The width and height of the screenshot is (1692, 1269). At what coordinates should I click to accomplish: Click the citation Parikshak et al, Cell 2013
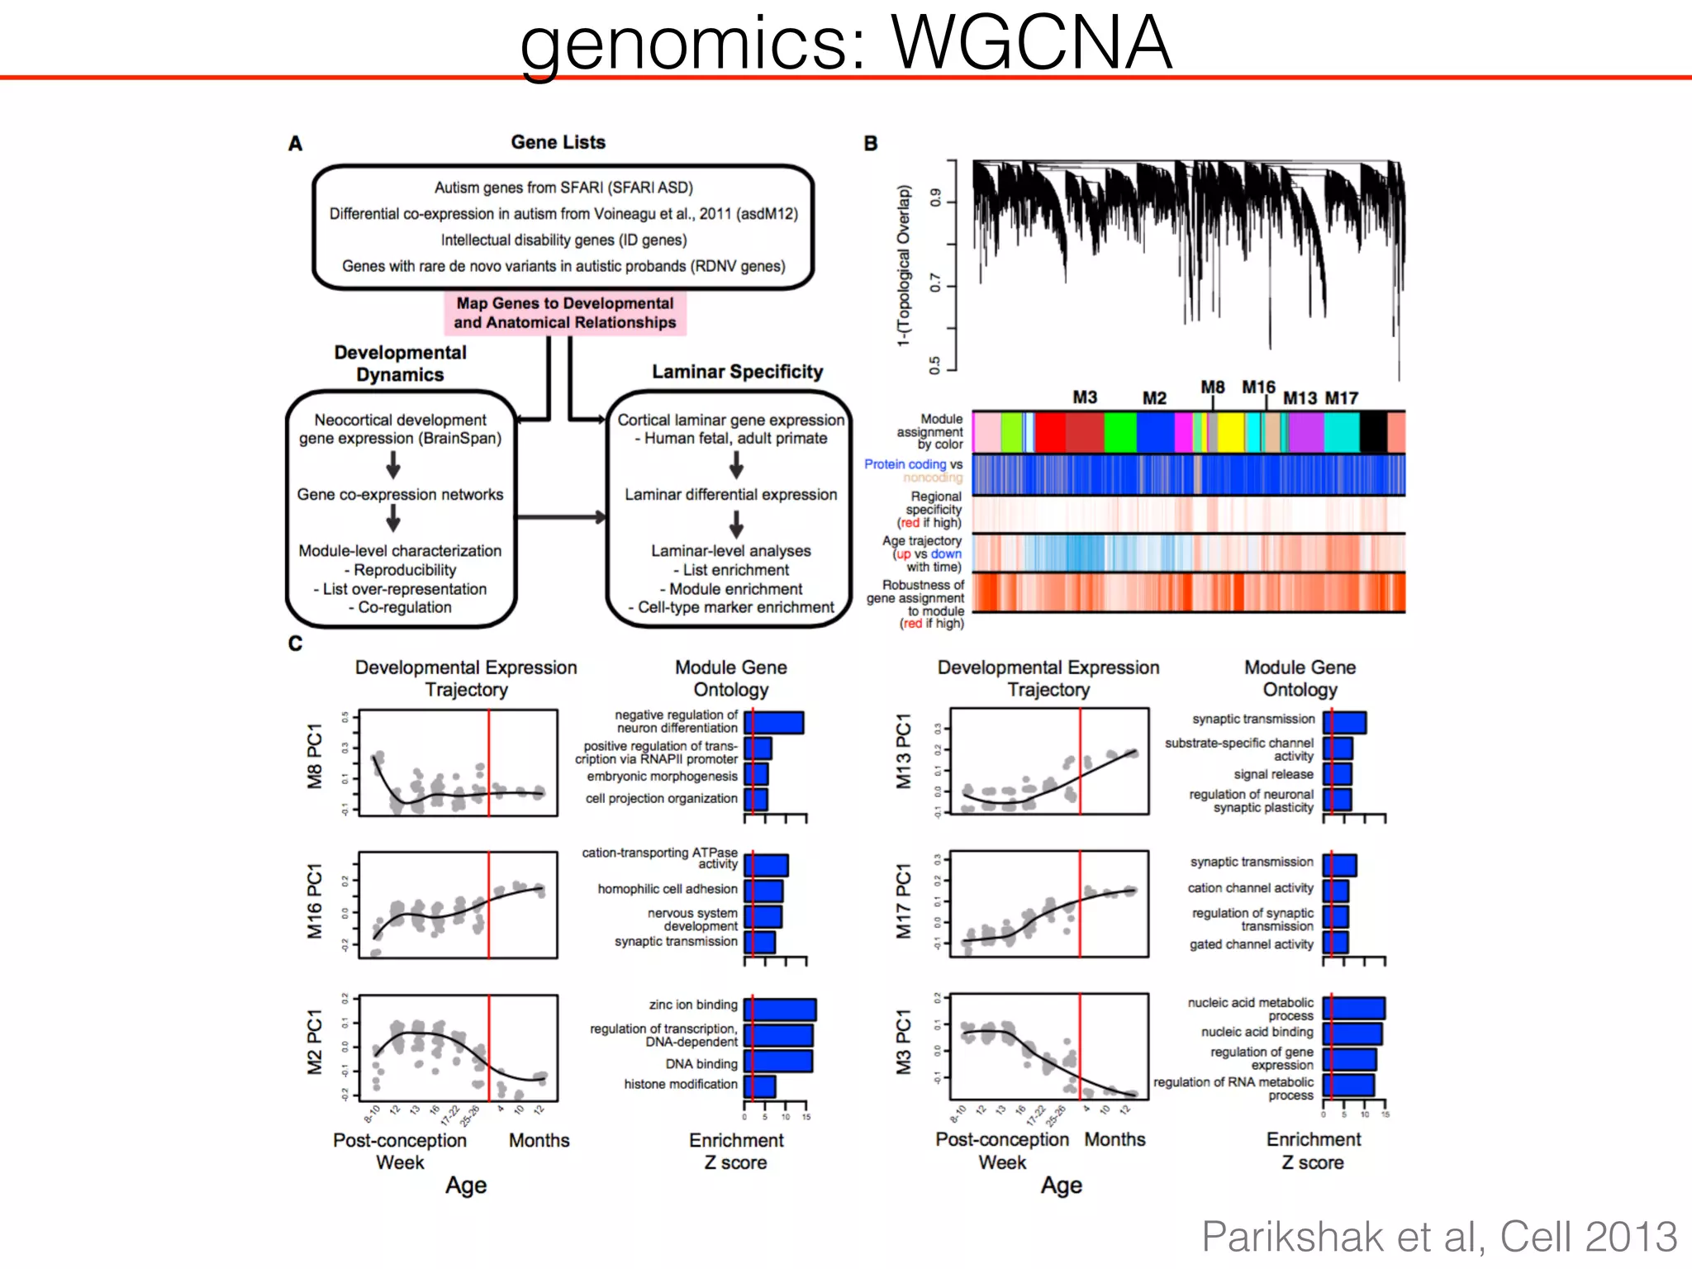click(x=1438, y=1237)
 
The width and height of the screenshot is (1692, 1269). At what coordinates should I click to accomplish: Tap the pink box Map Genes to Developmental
click(x=565, y=313)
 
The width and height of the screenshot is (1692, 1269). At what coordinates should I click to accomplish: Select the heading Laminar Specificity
click(x=737, y=372)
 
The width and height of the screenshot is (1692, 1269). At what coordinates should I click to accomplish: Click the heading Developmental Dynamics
click(x=400, y=364)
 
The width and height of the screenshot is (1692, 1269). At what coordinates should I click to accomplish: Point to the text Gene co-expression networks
click(x=400, y=494)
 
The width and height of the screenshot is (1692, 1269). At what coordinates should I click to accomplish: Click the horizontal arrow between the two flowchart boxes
click(x=561, y=517)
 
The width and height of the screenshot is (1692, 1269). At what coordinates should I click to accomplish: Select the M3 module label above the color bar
click(x=1084, y=397)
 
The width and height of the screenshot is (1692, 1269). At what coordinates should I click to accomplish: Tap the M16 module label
click(x=1257, y=387)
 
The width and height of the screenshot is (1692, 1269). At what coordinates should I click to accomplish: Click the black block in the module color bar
click(x=1372, y=432)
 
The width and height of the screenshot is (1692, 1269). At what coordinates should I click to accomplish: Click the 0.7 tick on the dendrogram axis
click(x=935, y=283)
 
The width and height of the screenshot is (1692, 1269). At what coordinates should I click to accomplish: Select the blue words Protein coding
click(x=905, y=464)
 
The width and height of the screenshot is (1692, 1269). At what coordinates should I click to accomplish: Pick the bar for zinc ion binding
click(x=781, y=1010)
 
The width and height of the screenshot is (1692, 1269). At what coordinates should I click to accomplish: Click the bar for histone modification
click(x=760, y=1086)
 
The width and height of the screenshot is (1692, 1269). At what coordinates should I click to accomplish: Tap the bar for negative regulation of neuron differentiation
click(x=774, y=723)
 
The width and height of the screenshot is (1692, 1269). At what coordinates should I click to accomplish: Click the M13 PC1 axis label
click(x=904, y=751)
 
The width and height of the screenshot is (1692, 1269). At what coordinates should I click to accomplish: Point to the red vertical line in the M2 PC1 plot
click(x=488, y=1048)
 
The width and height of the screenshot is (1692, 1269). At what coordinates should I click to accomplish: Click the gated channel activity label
click(x=1251, y=944)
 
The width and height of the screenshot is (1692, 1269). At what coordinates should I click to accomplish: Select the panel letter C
click(x=295, y=644)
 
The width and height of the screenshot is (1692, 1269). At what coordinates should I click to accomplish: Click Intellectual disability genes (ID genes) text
click(x=563, y=240)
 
